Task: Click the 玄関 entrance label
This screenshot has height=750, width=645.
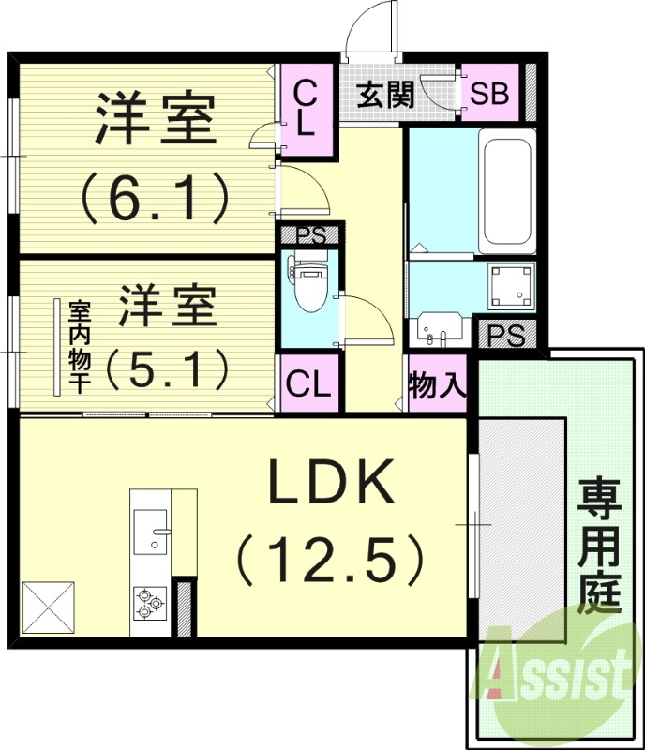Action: (x=385, y=96)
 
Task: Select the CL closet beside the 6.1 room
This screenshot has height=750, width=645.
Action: (x=306, y=109)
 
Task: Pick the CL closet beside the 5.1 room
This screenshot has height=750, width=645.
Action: (x=308, y=382)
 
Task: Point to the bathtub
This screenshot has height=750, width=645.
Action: (x=506, y=193)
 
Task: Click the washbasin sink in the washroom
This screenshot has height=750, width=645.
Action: (x=439, y=331)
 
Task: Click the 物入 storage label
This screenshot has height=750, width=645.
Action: (x=437, y=384)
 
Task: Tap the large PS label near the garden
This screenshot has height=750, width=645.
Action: (x=507, y=336)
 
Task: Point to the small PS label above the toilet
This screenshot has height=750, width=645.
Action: (x=310, y=235)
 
